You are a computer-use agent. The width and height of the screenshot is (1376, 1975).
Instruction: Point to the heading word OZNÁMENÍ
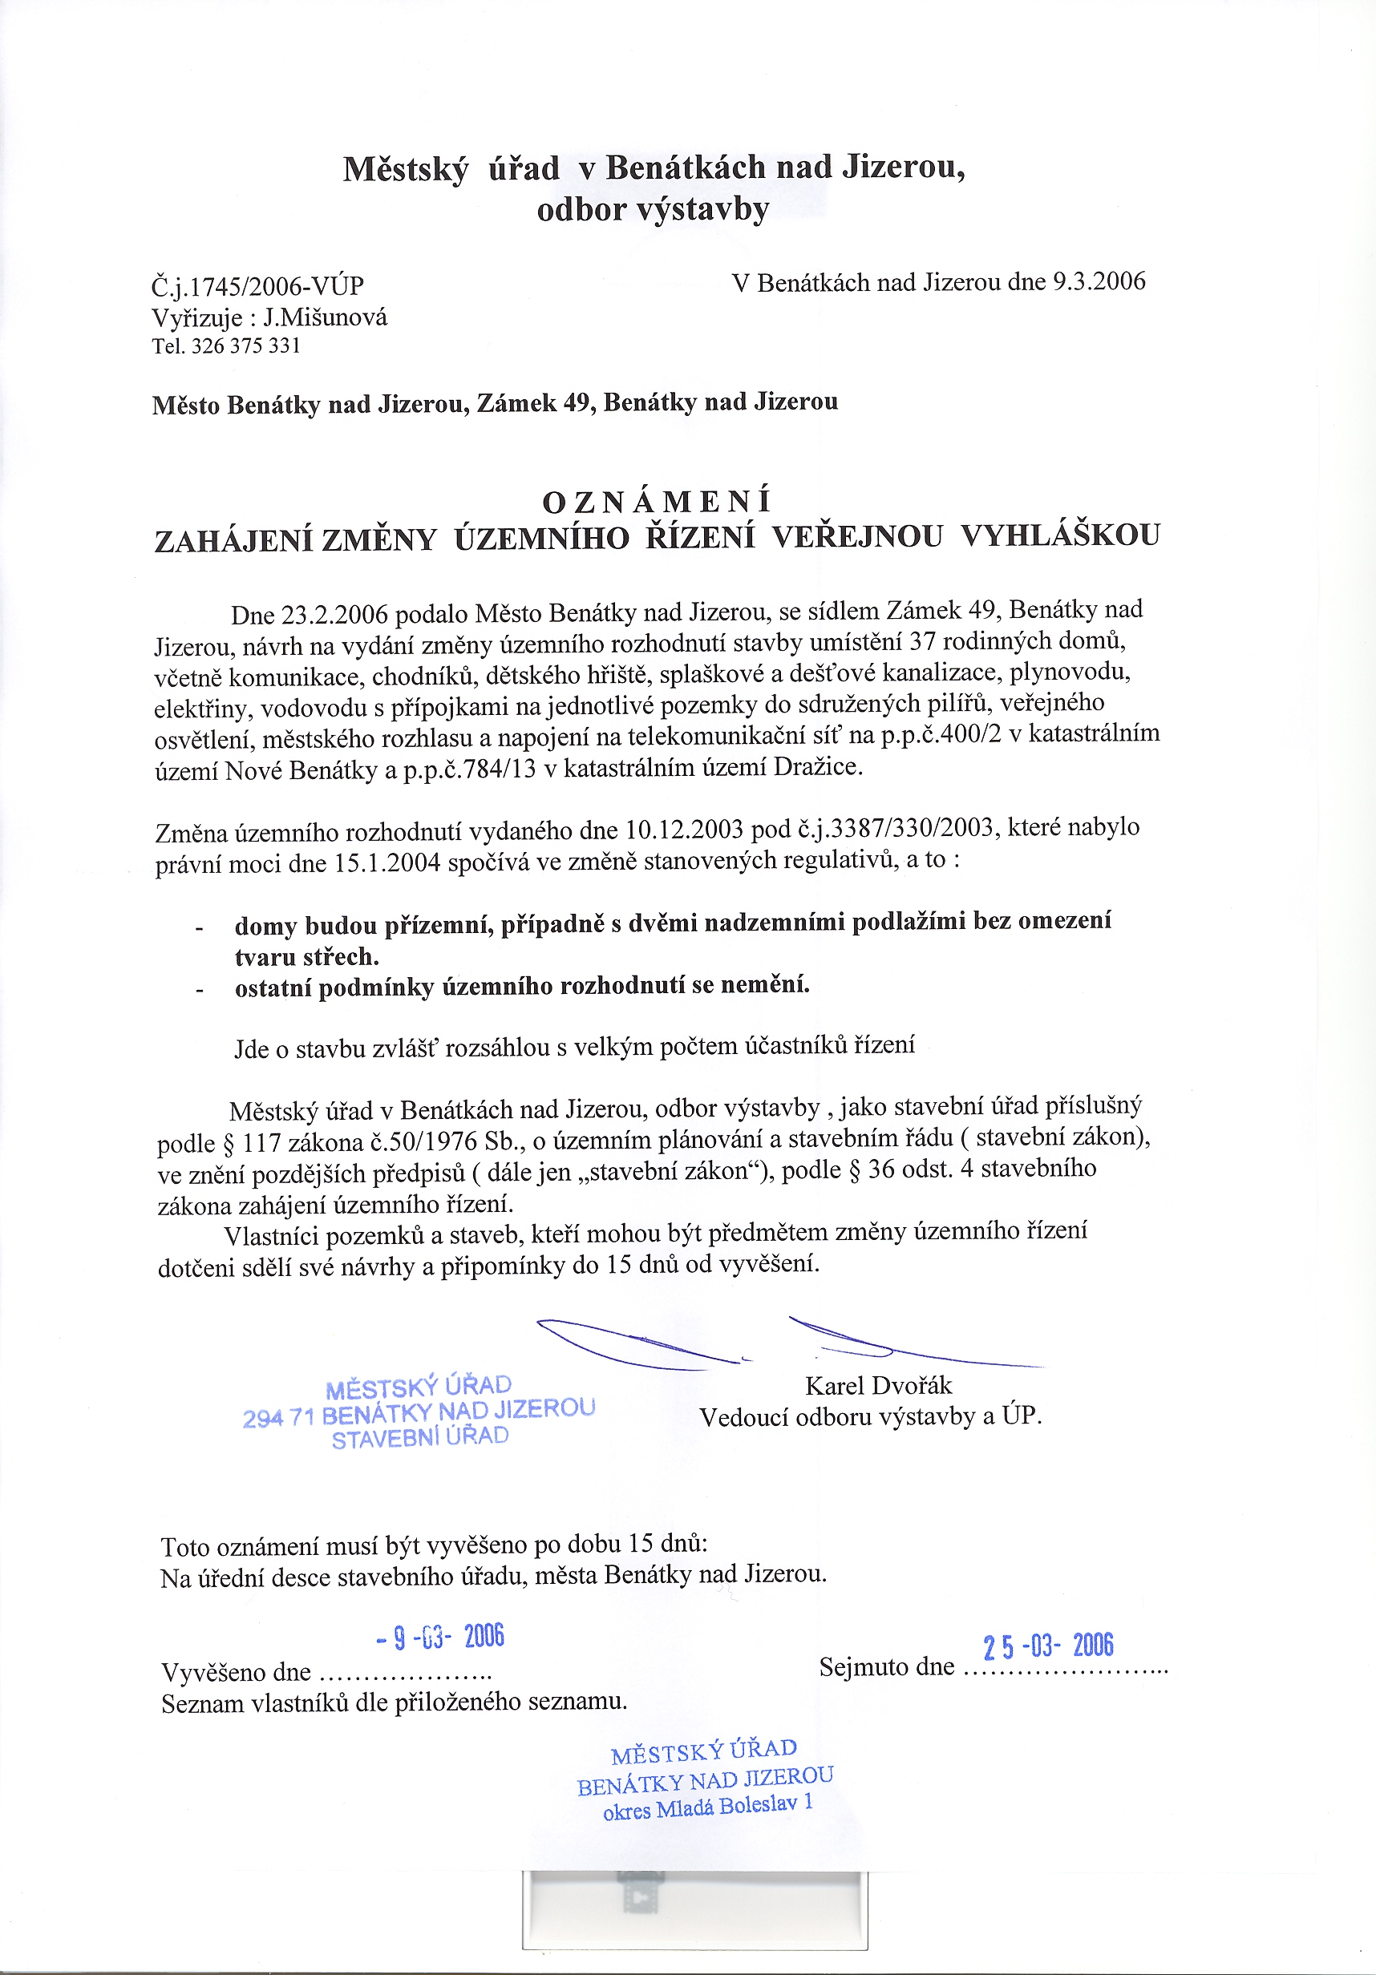point(658,501)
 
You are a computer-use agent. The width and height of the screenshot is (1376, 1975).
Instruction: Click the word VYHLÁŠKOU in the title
point(1059,535)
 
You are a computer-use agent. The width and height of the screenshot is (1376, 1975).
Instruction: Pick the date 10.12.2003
point(684,830)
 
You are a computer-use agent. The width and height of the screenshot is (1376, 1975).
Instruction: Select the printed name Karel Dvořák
point(879,1385)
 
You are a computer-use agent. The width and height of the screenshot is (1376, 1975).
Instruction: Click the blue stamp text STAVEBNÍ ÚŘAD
point(420,1436)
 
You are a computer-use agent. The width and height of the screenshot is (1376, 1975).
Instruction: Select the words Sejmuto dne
point(886,1667)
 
